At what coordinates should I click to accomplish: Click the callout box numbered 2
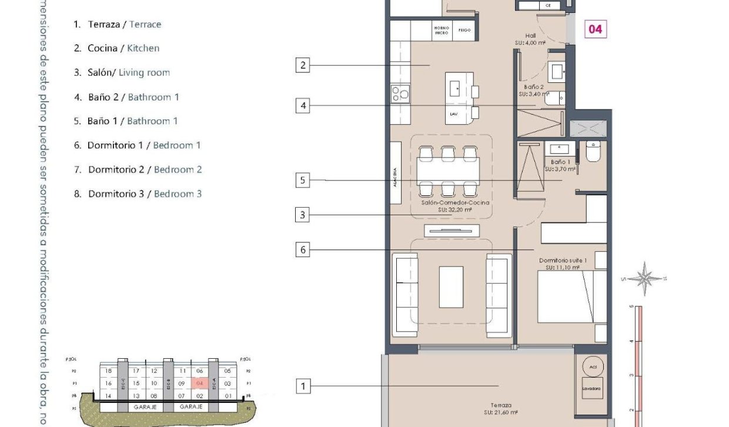click(303, 65)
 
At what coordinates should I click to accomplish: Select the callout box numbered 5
click(303, 181)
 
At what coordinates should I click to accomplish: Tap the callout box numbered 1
click(303, 386)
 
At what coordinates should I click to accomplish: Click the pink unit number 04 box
click(595, 29)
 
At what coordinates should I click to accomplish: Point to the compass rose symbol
click(645, 278)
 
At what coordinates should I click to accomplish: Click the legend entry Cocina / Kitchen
click(116, 48)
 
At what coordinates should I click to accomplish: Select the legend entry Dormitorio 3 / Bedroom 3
click(138, 194)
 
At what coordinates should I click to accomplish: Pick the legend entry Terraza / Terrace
click(117, 24)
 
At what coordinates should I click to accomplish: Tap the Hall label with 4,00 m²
click(531, 39)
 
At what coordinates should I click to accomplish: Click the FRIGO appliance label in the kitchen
click(464, 30)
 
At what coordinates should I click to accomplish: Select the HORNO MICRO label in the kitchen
click(442, 30)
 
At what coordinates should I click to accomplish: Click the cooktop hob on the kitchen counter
click(400, 94)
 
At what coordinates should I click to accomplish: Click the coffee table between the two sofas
click(451, 287)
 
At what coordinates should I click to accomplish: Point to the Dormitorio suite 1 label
click(563, 263)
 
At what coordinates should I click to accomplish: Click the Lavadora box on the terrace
click(591, 389)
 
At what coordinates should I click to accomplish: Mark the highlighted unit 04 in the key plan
click(199, 383)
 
